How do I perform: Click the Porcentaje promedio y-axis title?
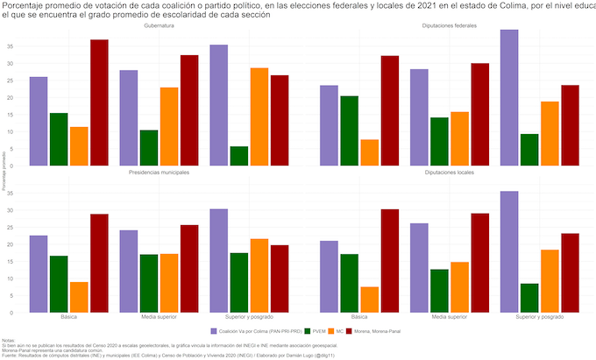click(4, 166)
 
